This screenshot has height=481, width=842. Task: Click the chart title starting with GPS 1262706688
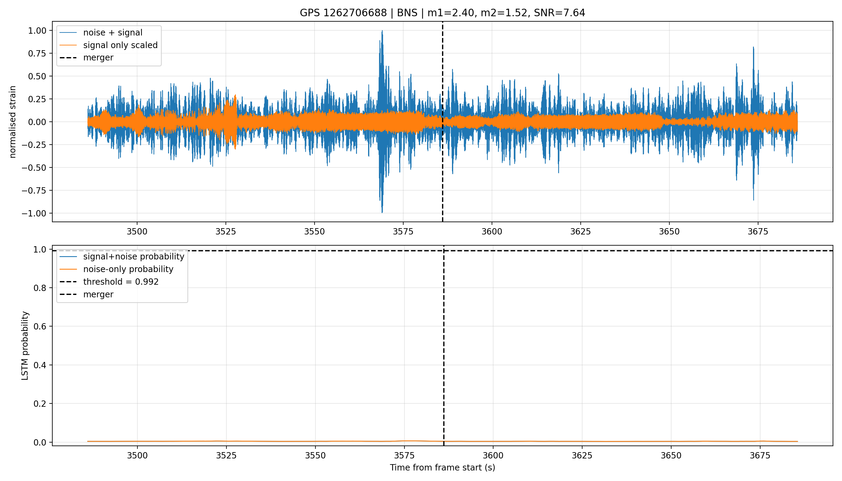(442, 13)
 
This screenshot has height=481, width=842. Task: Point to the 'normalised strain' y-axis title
(13, 122)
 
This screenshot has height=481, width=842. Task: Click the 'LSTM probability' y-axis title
(25, 345)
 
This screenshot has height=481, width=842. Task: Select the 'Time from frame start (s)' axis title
(442, 467)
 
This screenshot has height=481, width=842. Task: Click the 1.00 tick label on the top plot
(38, 31)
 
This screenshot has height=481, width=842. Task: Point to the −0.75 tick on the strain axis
(35, 191)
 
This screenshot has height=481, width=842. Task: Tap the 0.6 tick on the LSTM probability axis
(41, 326)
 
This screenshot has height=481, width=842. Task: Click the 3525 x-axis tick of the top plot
(226, 231)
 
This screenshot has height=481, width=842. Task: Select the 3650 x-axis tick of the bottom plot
(671, 455)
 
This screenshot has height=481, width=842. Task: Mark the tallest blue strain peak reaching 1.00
(382, 31)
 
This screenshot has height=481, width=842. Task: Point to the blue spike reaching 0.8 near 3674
(753, 47)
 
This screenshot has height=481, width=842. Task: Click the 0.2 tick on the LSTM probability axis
(41, 404)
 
